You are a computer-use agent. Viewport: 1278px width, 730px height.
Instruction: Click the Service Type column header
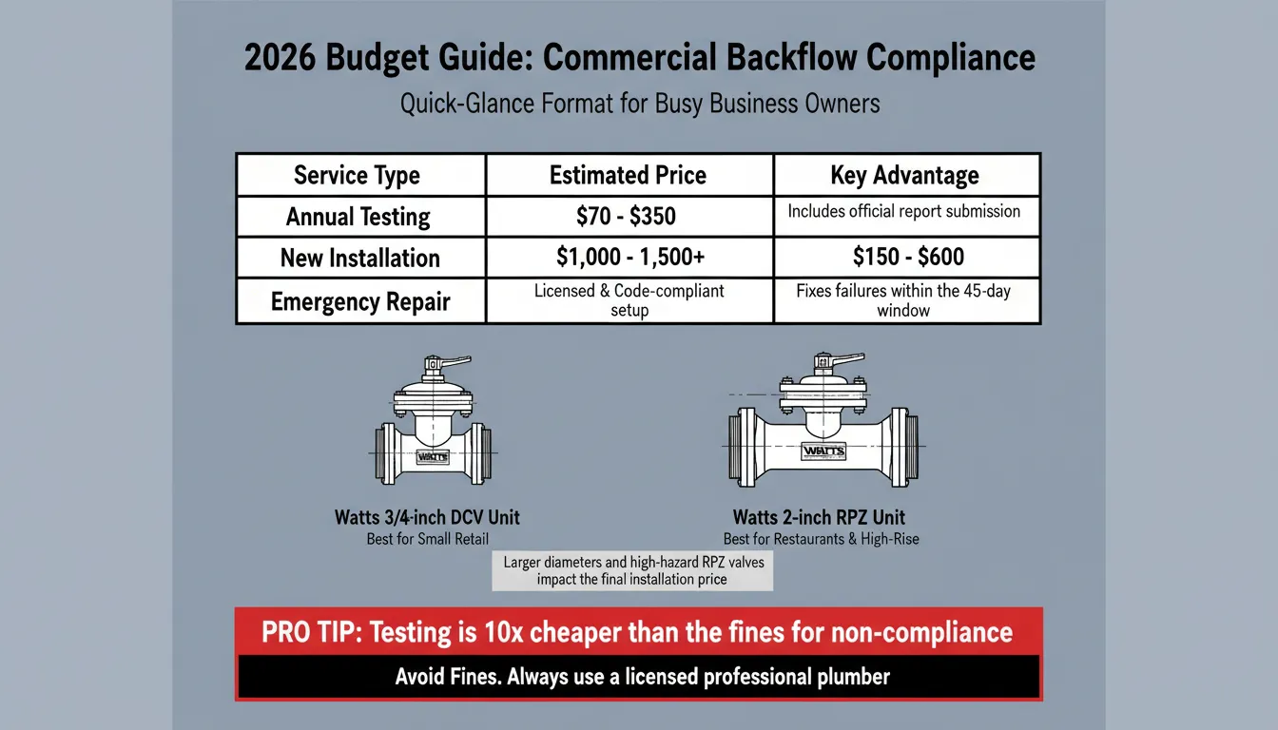[357, 176]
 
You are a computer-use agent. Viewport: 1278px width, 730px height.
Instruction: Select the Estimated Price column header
[628, 176]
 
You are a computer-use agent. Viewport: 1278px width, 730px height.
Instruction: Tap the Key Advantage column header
[904, 176]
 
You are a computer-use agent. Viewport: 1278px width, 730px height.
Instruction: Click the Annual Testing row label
[358, 217]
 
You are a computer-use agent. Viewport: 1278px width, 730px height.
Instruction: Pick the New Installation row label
[359, 259]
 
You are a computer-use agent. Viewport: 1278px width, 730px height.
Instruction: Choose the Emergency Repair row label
[359, 302]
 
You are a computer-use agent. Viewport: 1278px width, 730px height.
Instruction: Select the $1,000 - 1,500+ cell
[629, 258]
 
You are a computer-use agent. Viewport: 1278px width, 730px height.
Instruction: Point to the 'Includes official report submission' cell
[903, 211]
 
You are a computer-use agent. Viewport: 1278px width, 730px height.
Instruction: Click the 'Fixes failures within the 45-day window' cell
[903, 300]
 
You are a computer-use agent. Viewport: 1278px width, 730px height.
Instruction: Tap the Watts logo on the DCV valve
[433, 456]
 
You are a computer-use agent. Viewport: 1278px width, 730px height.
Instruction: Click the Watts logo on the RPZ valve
[815, 450]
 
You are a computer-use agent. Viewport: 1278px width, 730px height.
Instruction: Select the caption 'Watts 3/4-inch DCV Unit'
[427, 519]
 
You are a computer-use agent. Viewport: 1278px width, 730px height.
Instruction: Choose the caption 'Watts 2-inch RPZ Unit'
[818, 519]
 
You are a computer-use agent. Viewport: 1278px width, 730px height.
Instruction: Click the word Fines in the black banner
[473, 678]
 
